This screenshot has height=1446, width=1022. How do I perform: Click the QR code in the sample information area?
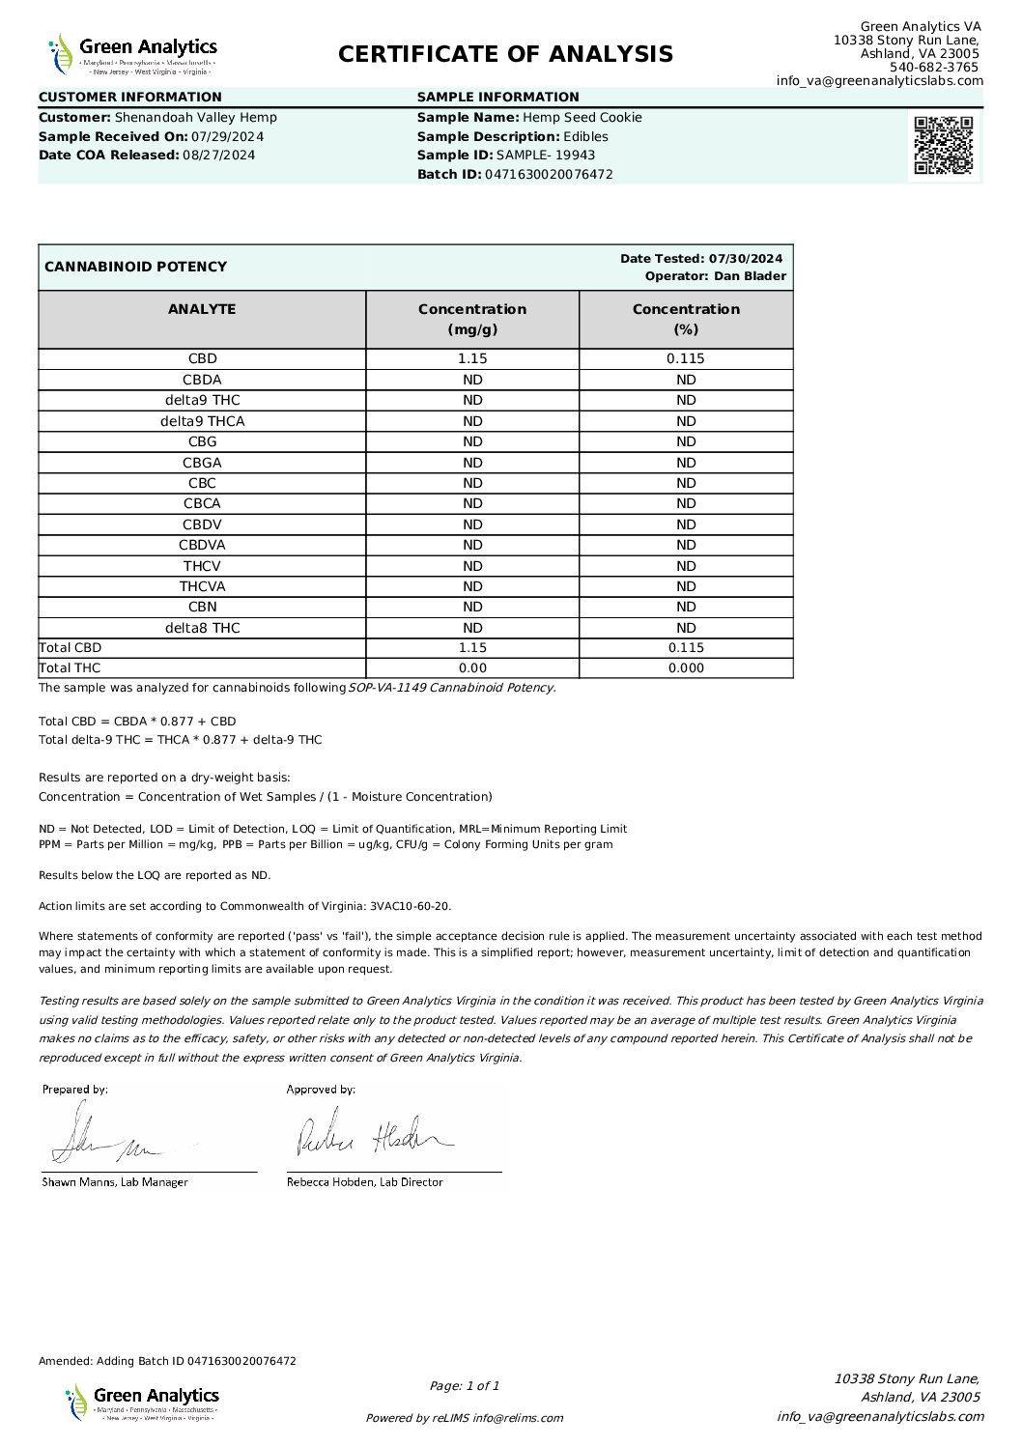tap(944, 145)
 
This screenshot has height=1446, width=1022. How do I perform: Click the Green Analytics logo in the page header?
tap(133, 54)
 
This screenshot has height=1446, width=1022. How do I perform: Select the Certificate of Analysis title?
tap(505, 54)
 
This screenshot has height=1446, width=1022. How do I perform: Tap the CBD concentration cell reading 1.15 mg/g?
tap(472, 358)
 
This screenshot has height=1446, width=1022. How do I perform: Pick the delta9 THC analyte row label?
tap(202, 400)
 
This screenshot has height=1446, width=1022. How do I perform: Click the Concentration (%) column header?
tap(686, 319)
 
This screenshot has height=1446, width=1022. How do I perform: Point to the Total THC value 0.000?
tap(686, 667)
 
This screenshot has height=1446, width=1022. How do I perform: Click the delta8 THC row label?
tap(202, 628)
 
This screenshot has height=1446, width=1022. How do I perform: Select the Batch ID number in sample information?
tap(549, 175)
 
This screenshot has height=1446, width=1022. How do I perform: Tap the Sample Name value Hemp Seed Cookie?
tap(582, 118)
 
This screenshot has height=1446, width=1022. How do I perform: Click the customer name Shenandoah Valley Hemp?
tap(196, 118)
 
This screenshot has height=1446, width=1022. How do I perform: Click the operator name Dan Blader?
tap(750, 276)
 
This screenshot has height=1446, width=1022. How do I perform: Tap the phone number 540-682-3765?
tap(933, 68)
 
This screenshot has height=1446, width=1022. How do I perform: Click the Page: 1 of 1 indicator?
tap(465, 1386)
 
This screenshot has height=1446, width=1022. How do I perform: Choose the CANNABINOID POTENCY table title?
tap(136, 267)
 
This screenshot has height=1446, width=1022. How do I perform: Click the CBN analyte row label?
tap(202, 607)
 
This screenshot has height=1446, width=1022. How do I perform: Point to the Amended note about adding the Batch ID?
tap(167, 1361)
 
